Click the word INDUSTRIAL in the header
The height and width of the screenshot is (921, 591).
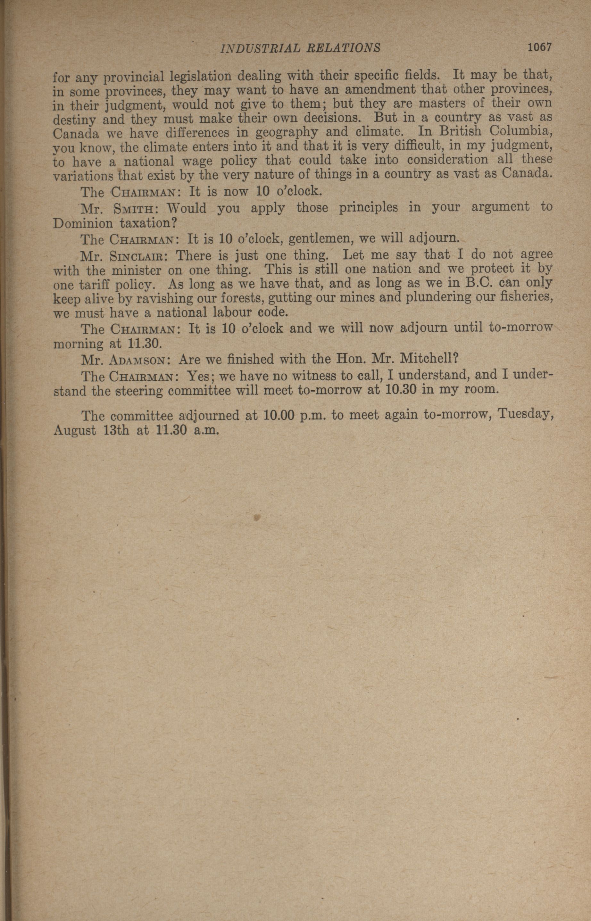click(255, 48)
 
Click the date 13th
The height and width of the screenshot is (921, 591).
click(117, 430)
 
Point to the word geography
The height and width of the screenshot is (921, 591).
click(287, 133)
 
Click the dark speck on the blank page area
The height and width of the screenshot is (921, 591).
click(257, 517)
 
